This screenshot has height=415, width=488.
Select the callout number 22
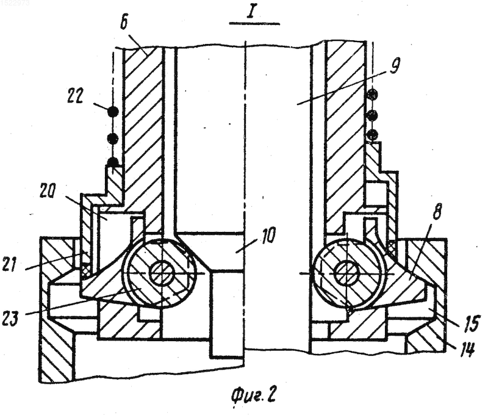[x=76, y=97]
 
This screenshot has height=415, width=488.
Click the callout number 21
[x=12, y=264]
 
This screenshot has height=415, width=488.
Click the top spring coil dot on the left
[x=113, y=111]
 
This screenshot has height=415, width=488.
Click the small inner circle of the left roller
[x=162, y=273]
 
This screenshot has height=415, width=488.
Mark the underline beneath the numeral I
[x=254, y=23]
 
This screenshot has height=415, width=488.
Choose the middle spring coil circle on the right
[x=373, y=115]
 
